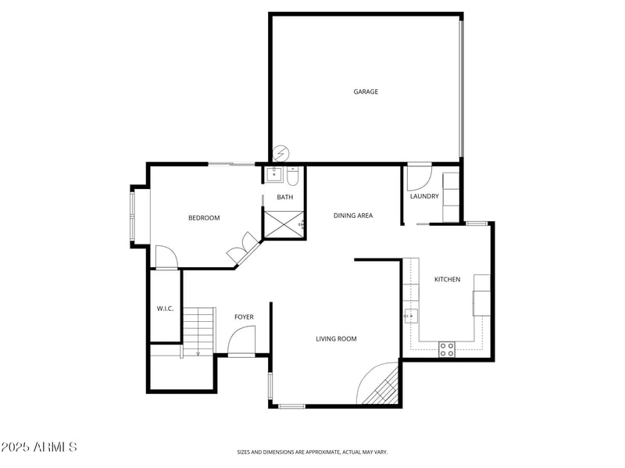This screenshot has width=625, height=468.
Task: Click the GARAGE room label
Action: point(366,92)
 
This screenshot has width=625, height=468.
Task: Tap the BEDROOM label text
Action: point(204,218)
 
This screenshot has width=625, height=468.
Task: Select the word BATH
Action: point(284,197)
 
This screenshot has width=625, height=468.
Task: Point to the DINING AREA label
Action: point(352,216)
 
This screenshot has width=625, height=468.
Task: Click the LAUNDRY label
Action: point(424,196)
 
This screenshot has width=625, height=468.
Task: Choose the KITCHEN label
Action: point(447,280)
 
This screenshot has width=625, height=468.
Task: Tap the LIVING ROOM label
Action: point(336,339)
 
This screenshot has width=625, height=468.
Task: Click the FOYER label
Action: point(245,317)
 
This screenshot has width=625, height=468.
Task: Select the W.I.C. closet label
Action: point(165,309)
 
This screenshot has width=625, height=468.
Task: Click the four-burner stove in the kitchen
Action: point(447,349)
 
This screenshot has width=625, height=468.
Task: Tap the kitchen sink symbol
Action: point(410,316)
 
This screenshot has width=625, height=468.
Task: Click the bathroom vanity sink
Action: point(274,174)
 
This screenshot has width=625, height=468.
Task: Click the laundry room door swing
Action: point(418,176)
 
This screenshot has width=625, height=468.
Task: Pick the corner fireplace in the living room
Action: point(383,387)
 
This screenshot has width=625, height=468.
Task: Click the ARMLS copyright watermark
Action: point(39,448)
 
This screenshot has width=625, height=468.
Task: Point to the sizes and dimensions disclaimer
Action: point(312,452)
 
